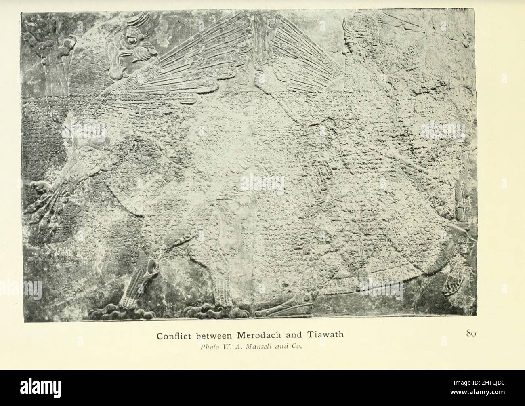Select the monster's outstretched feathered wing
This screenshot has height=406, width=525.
(x=194, y=65)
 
